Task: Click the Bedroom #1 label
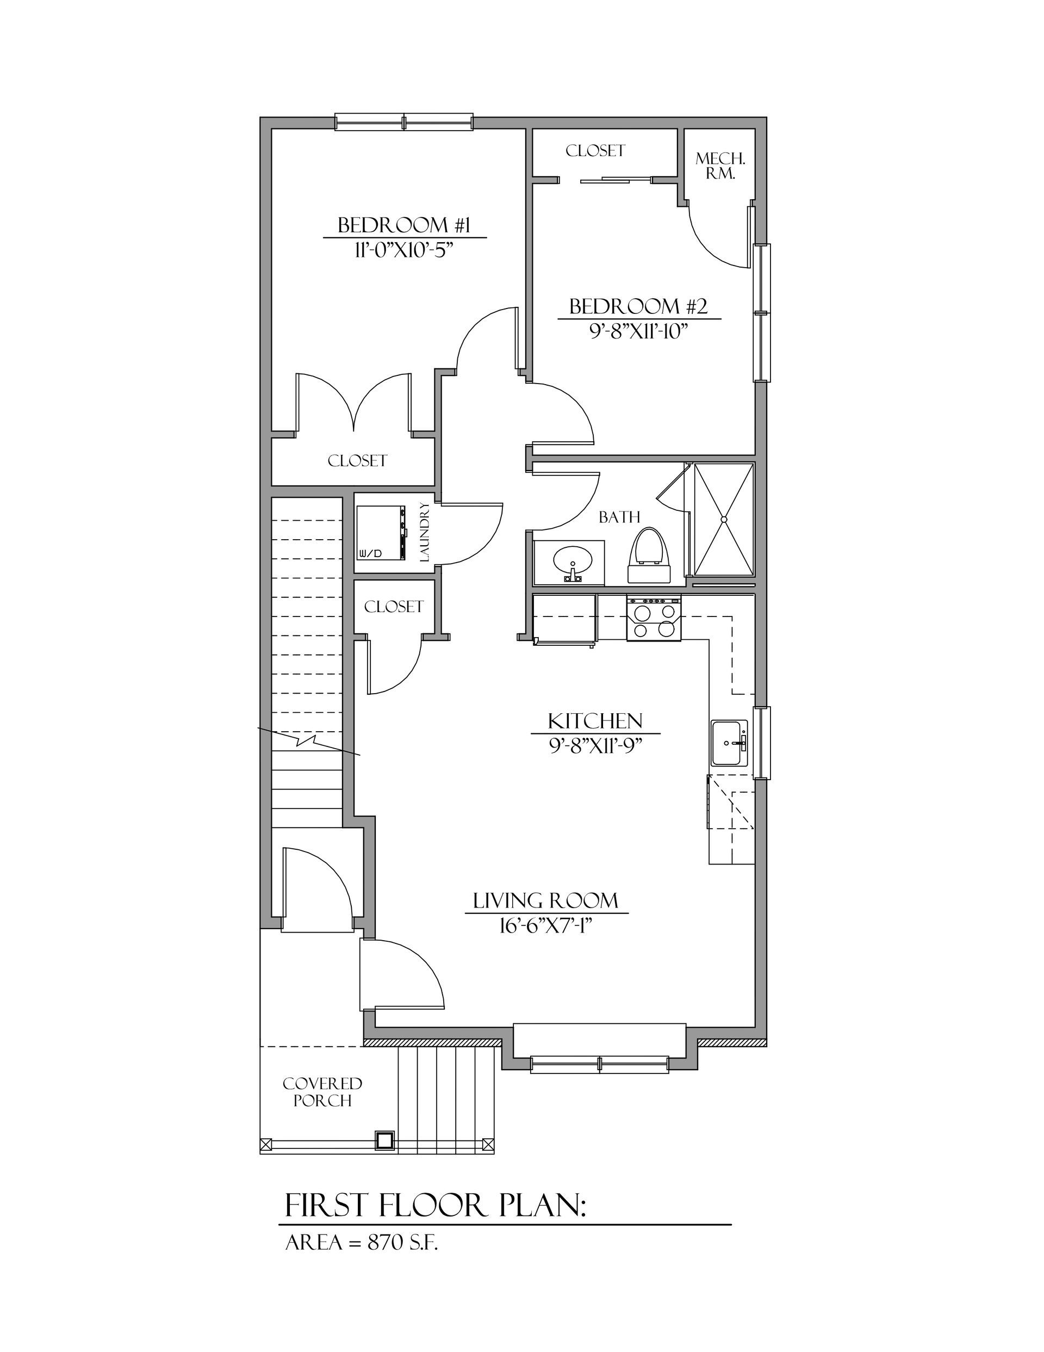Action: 404,225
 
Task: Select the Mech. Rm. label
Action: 720,166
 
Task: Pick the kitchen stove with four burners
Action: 654,618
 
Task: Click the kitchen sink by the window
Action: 730,742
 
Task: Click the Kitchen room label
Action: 595,720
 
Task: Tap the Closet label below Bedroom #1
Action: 357,461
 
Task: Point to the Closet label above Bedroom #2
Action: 595,150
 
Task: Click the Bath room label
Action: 619,516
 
